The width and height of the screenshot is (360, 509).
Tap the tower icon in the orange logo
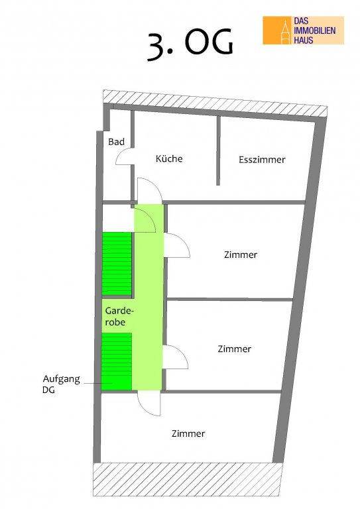coord(286,32)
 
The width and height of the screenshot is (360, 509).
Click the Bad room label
coord(116,142)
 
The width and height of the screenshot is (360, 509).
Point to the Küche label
coord(169,158)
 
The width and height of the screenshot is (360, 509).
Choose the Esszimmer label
coord(262,159)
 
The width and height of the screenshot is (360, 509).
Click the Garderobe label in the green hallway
coord(119,317)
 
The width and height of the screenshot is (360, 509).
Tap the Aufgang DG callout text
coord(61,384)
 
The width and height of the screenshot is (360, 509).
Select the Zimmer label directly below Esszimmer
coord(241,254)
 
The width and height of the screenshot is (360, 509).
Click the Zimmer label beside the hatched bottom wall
coord(188,433)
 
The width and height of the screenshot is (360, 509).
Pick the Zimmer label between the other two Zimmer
coord(235,349)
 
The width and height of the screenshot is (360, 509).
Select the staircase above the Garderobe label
coord(117,264)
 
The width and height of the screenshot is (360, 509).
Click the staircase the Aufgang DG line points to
coord(116,361)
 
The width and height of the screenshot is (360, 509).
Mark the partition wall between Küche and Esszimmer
coord(219,150)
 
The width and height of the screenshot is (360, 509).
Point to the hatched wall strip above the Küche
coord(215,103)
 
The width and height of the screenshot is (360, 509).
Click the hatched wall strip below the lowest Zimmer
coord(188,479)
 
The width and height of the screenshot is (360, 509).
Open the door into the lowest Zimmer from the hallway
coord(149,404)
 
